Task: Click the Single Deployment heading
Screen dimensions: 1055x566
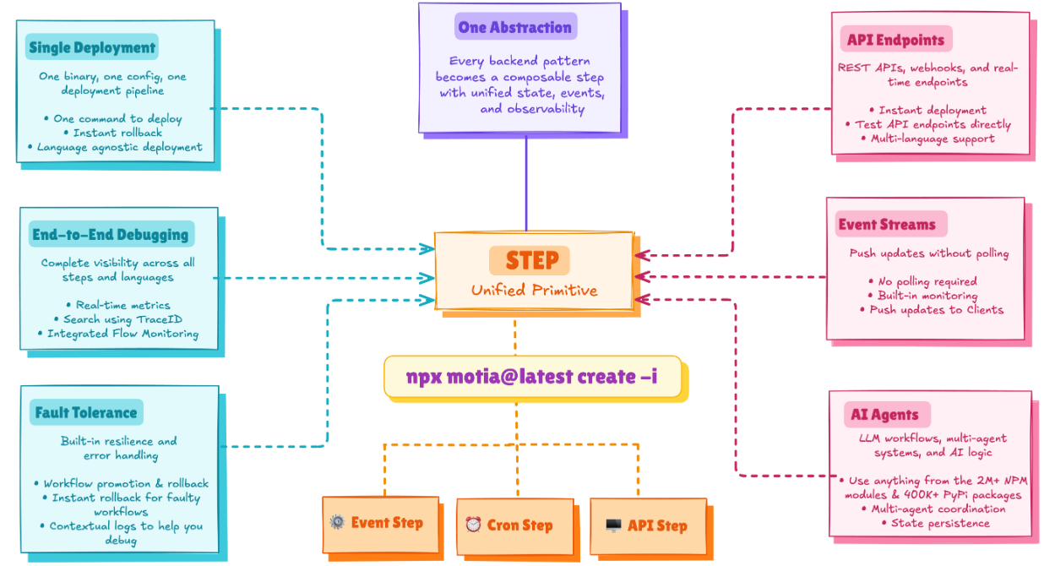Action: (x=92, y=47)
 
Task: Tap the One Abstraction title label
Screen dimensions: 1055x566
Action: (x=514, y=27)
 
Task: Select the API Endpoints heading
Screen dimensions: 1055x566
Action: (x=896, y=40)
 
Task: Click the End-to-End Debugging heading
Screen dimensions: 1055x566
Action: (x=110, y=234)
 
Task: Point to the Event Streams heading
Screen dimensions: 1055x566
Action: (x=887, y=224)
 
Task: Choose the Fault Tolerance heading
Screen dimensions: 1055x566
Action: (x=86, y=412)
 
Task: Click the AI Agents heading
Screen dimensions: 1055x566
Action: (x=884, y=415)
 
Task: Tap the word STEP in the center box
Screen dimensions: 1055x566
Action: (x=532, y=260)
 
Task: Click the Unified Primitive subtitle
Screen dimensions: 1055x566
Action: (x=534, y=290)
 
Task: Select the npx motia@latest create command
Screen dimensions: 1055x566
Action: (x=532, y=377)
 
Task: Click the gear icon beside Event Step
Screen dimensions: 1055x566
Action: (x=337, y=522)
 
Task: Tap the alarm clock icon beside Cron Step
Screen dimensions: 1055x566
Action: (x=473, y=524)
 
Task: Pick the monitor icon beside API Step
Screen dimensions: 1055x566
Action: (x=613, y=525)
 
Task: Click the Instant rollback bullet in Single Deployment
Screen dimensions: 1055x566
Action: (x=113, y=133)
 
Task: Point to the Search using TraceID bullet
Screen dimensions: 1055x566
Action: (x=118, y=319)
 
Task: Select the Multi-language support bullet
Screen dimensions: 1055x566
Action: (x=927, y=139)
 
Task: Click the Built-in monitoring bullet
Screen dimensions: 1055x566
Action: (x=922, y=296)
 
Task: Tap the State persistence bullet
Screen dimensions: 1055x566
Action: (x=935, y=523)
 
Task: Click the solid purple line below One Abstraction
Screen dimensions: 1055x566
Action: (x=526, y=182)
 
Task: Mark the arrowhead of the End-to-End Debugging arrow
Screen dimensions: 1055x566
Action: (x=427, y=278)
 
